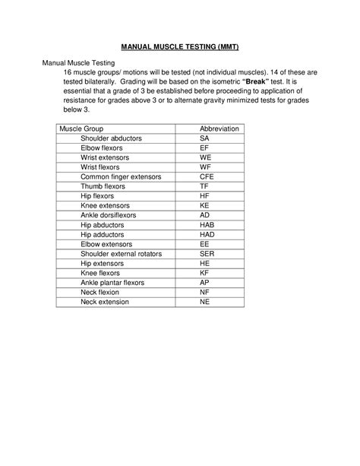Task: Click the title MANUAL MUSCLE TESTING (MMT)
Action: [x=180, y=47]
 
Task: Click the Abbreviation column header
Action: [x=219, y=129]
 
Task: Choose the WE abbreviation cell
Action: [x=205, y=157]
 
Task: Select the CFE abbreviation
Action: [x=207, y=176]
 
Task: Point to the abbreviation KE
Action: [x=204, y=205]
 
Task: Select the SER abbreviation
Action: [x=207, y=254]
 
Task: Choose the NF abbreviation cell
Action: [x=204, y=292]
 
